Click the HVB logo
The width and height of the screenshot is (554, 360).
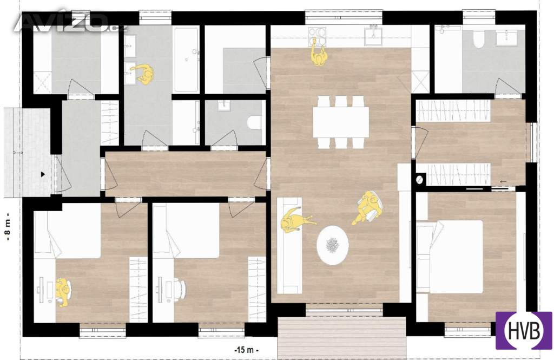[524, 331]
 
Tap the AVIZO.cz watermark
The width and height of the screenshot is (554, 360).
[71, 23]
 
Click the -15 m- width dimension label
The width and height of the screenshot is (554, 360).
[247, 350]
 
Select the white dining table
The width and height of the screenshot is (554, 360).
[341, 122]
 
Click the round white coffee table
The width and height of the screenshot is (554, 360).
[333, 245]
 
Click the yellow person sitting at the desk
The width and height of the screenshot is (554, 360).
[63, 292]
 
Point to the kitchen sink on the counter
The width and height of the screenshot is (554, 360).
[374, 36]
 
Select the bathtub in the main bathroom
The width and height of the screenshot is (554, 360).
[186, 59]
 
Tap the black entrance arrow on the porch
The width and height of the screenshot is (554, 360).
[43, 174]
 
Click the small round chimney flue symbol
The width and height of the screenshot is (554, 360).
[420, 180]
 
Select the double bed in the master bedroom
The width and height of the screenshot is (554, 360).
[450, 257]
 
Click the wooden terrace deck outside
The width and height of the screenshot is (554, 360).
[341, 338]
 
